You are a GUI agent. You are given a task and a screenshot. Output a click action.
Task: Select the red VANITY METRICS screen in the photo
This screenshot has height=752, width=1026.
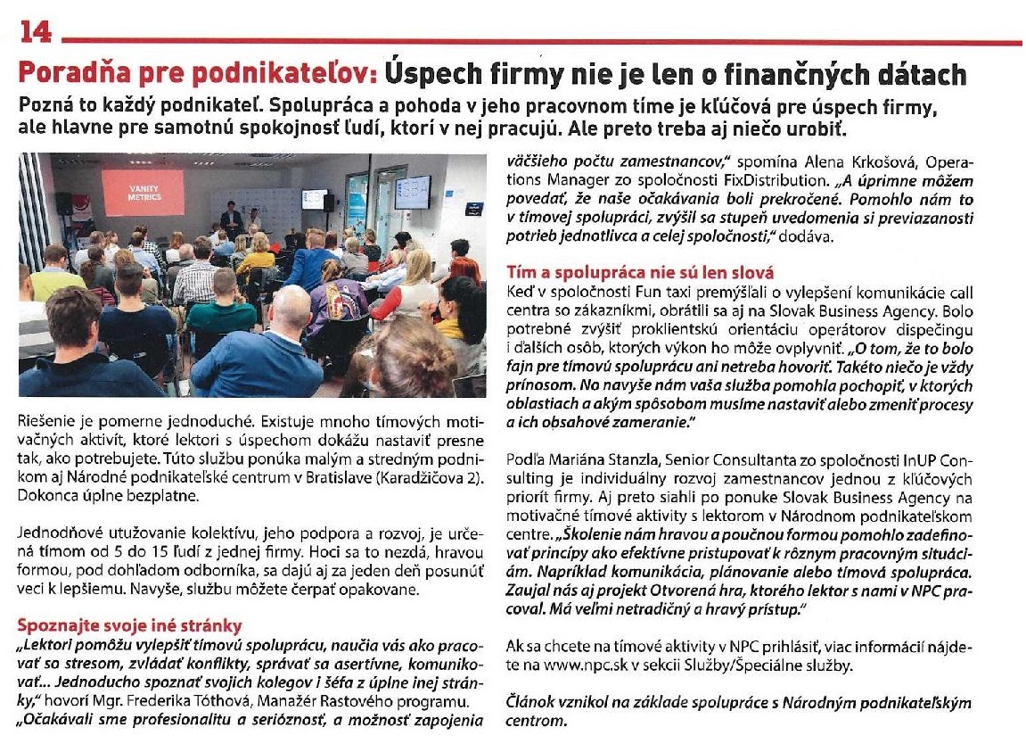pyautogui.click(x=144, y=192)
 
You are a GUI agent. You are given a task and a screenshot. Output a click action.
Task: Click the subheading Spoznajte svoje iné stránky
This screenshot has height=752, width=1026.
pyautogui.click(x=129, y=624)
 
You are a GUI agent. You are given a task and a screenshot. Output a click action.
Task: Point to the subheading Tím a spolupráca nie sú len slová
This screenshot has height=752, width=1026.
pyautogui.click(x=640, y=271)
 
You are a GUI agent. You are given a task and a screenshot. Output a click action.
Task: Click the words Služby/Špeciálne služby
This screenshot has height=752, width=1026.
pyautogui.click(x=798, y=665)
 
